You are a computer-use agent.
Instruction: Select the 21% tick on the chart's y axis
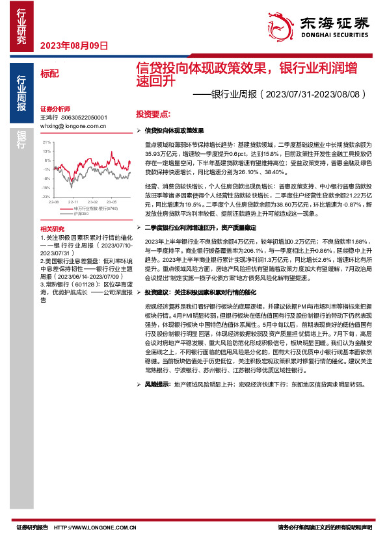click(x=46, y=141)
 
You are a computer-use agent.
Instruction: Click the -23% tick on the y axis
click(x=46, y=196)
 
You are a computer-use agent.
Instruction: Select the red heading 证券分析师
click(x=55, y=108)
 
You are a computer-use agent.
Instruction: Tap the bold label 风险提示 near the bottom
click(x=158, y=384)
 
